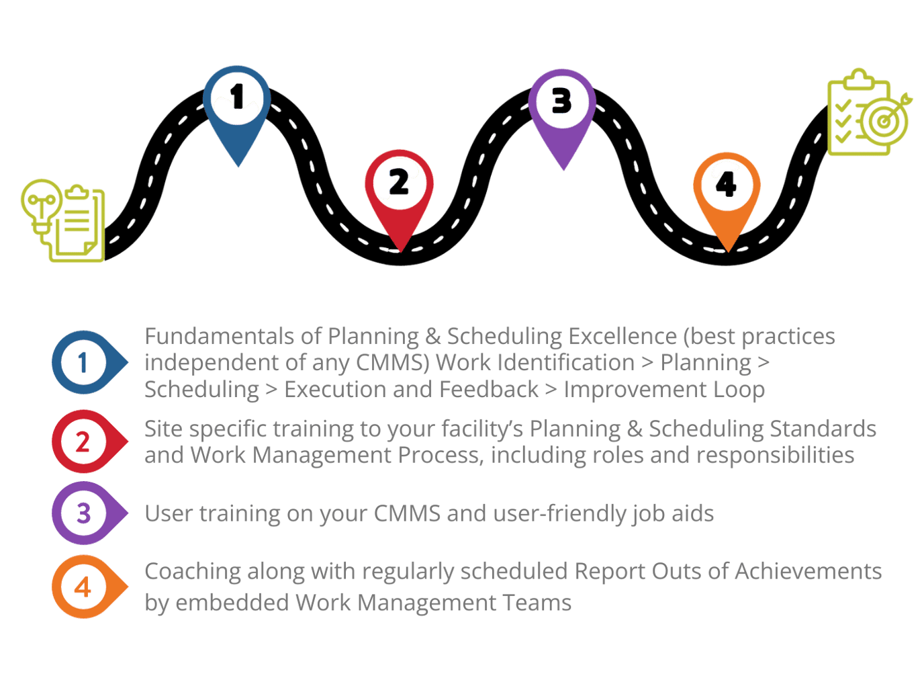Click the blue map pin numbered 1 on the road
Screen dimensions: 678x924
click(x=237, y=108)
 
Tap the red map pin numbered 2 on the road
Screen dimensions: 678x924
click(x=399, y=189)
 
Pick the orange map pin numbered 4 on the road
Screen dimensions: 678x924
click(x=727, y=191)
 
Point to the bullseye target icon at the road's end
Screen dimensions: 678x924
click(x=886, y=120)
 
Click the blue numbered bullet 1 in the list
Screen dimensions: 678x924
click(x=85, y=363)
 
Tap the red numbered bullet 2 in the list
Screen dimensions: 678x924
click(x=84, y=442)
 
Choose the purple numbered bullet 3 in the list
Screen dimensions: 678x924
click(x=84, y=514)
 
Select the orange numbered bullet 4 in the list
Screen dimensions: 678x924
click(x=84, y=588)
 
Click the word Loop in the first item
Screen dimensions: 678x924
click(x=739, y=390)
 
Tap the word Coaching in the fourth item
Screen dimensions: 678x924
click(x=193, y=572)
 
